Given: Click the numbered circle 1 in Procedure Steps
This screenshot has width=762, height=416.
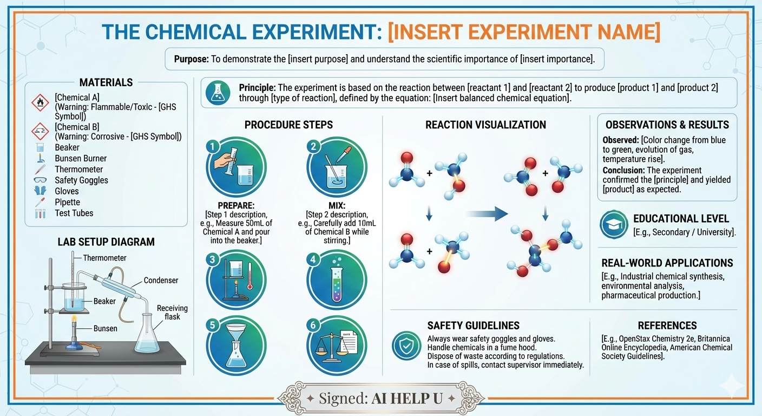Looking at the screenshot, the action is click(x=212, y=147).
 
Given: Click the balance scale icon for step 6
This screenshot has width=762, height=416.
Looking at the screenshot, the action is click(x=336, y=343).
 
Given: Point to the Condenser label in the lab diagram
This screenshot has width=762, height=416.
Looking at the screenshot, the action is click(x=161, y=280).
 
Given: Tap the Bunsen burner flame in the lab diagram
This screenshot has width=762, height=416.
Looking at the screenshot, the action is click(x=74, y=320).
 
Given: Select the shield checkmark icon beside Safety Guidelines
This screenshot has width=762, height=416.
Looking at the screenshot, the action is click(x=406, y=346).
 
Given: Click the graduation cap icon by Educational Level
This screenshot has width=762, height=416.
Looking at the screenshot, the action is click(x=614, y=224).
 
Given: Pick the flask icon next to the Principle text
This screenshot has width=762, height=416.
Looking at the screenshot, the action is click(x=218, y=93).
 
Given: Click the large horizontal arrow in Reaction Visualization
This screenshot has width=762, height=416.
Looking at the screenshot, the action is click(x=486, y=214).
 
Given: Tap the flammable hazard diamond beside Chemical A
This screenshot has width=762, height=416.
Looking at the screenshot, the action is click(x=40, y=103).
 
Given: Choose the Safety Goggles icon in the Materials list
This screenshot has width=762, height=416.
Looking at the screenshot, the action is click(x=40, y=180).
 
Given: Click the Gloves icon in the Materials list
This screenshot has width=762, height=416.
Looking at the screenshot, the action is click(x=40, y=191).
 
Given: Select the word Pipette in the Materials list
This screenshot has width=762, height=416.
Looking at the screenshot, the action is click(x=67, y=202).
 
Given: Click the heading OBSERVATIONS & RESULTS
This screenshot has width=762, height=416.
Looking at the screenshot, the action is click(x=667, y=125).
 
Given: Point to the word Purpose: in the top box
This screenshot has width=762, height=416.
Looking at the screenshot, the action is click(x=191, y=59).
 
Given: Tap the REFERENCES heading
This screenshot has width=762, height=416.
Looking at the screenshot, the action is click(x=667, y=326).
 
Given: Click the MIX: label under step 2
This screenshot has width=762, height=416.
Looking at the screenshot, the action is click(x=337, y=206).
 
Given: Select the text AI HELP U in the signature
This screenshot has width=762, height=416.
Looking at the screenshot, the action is click(x=407, y=398).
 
